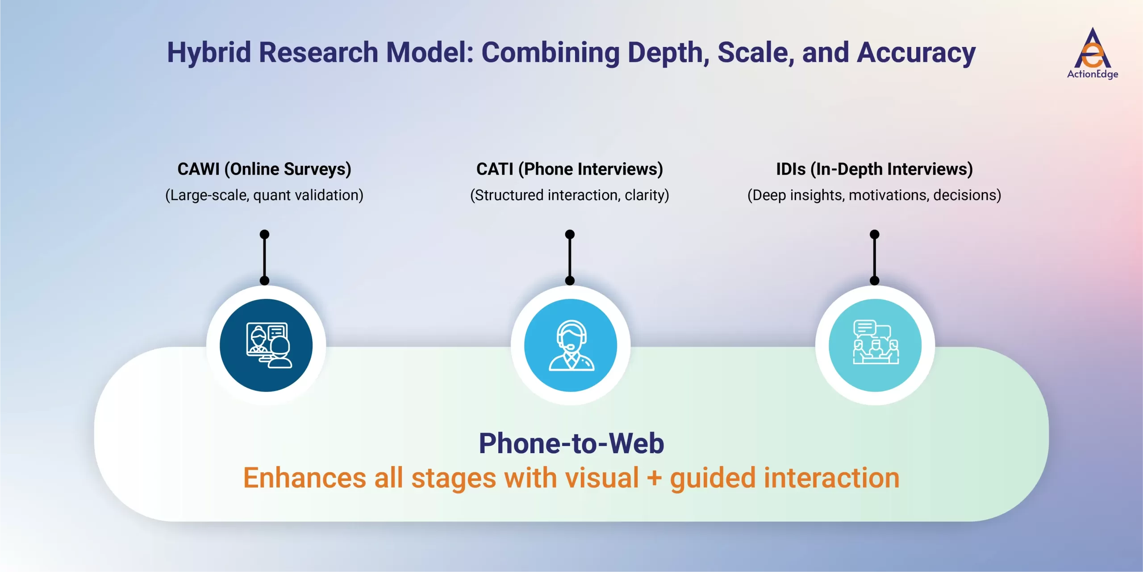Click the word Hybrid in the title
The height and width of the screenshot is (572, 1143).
tap(209, 53)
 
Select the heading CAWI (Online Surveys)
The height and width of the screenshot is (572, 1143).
tap(264, 169)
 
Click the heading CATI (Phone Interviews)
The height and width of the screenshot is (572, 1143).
tap(569, 169)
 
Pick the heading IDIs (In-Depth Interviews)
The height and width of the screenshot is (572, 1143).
tap(874, 169)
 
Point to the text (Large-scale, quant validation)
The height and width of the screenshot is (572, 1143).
tap(264, 195)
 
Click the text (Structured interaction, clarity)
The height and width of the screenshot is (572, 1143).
tap(569, 195)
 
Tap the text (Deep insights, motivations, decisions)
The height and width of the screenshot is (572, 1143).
tap(874, 195)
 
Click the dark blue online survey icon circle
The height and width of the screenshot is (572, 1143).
tap(266, 345)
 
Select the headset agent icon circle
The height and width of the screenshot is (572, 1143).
tap(571, 345)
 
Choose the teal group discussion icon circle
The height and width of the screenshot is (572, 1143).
tap(875, 345)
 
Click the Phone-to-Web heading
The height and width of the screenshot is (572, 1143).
tap(571, 443)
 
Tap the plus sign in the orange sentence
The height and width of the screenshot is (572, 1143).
tap(654, 478)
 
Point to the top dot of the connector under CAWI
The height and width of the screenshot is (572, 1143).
tap(264, 234)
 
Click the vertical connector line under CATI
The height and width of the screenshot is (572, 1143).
tap(570, 258)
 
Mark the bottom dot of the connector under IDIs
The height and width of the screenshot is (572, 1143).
tap(875, 281)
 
